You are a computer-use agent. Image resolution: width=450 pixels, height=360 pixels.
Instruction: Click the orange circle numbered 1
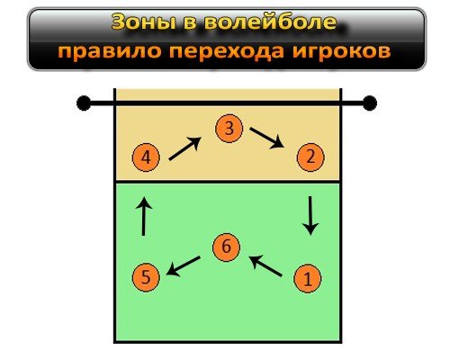308,279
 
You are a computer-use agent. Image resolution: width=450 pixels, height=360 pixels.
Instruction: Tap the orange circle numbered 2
310,157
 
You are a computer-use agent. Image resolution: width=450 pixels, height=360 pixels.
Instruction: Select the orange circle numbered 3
229,129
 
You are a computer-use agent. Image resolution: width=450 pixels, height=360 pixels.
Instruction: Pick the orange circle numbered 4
146,157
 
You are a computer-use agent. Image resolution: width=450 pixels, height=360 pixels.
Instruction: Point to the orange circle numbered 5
146,277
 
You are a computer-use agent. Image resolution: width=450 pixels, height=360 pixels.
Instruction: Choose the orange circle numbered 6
226,247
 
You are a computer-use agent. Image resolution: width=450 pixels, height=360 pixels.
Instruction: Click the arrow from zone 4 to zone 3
184,148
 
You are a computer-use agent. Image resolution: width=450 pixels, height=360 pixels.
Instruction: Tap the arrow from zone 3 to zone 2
267,138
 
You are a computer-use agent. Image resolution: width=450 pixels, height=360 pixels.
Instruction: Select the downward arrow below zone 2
310,216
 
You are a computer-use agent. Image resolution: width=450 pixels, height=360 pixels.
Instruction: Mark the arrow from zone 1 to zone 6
265,265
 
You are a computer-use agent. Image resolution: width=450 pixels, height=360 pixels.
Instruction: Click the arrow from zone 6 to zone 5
183,266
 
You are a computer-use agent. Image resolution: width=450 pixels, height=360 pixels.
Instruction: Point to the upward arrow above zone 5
144,216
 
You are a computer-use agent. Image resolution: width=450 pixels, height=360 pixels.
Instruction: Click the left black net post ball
84,103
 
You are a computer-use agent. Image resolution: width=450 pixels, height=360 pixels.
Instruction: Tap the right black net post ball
370,103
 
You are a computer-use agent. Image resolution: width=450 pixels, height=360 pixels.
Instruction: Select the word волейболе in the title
270,22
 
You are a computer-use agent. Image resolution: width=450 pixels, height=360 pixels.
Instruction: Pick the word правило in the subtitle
110,51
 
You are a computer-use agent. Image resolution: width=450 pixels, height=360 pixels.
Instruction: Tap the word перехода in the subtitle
226,51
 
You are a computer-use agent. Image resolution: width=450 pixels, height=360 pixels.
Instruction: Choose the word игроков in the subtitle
341,51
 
